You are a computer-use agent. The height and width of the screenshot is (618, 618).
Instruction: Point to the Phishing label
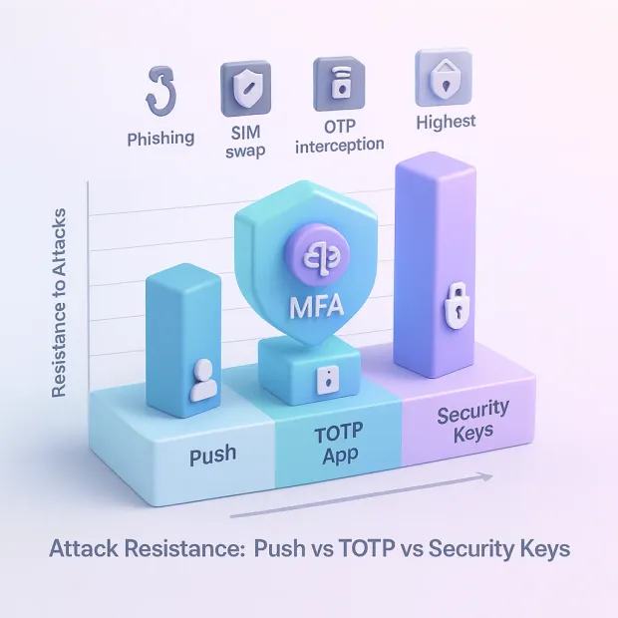pos(161,140)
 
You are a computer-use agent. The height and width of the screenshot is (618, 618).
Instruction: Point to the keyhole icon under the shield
pos(324,380)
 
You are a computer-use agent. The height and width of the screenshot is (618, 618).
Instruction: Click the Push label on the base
pos(212,455)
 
